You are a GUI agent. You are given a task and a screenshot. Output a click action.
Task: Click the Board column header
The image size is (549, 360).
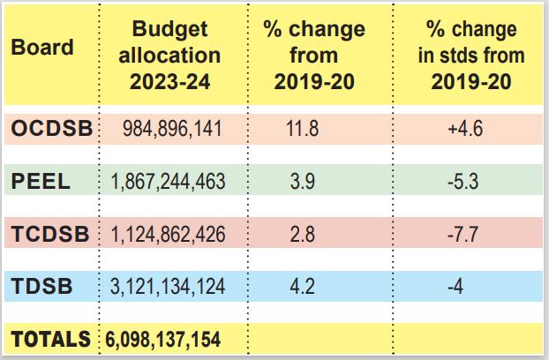tap(42, 47)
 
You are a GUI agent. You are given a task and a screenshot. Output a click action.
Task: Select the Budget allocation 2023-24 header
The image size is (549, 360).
tap(169, 56)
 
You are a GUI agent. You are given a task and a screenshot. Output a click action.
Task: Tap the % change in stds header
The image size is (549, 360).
tap(471, 56)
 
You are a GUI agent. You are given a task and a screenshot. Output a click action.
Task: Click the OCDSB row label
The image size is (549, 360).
tap(52, 128)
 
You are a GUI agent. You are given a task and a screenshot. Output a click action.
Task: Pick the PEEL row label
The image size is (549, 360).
tap(41, 181)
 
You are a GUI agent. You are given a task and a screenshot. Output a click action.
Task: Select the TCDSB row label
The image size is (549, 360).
tap(50, 234)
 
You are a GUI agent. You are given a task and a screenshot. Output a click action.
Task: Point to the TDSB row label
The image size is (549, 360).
tap(41, 286)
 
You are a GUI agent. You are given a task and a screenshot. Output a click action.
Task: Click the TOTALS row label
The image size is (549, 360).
tap(51, 339)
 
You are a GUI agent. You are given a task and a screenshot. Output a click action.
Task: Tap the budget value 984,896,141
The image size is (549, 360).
tap(172, 129)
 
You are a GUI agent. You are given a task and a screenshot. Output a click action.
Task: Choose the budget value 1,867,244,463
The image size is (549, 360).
tap(168, 182)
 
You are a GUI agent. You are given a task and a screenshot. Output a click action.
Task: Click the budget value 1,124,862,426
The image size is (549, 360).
tap(168, 234)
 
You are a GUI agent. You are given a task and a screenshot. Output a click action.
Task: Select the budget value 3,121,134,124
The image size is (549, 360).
tap(168, 287)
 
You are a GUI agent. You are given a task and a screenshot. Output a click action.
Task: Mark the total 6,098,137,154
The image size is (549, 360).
tap(163, 339)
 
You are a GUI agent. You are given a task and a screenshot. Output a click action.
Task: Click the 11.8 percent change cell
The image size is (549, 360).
tap(303, 129)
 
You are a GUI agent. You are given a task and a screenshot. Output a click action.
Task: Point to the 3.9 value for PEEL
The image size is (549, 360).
tap(303, 182)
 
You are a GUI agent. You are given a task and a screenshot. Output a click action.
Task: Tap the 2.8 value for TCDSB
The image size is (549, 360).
tap(303, 234)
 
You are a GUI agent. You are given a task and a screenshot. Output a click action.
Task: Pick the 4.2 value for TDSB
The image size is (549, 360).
tap(303, 287)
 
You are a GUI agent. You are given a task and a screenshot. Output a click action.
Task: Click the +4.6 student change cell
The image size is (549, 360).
tap(465, 129)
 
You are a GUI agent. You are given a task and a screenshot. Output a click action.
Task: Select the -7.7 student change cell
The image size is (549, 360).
tap(463, 234)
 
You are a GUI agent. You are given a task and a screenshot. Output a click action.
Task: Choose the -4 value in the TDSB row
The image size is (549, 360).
tap(455, 287)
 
